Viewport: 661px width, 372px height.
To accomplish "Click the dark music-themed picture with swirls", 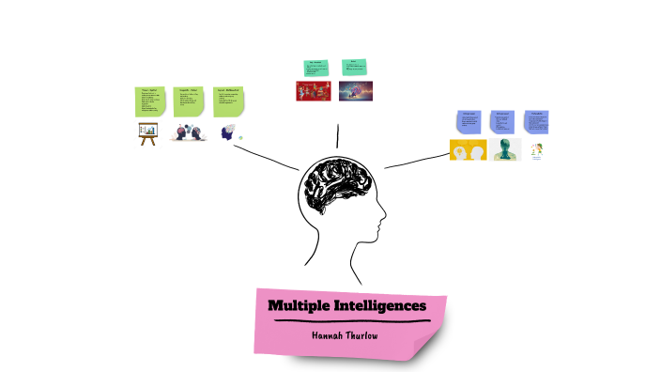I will (355, 91).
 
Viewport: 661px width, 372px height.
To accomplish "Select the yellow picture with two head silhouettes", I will (468, 150).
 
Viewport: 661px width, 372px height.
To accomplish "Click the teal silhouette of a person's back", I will (504, 150).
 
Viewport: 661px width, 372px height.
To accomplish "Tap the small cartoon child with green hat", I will (537, 151).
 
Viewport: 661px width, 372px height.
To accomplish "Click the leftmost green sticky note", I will (149, 101).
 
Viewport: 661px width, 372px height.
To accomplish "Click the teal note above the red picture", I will (315, 67).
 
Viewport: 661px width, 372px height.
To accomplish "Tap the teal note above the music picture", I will (354, 66).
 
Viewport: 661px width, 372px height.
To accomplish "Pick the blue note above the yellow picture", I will (469, 123).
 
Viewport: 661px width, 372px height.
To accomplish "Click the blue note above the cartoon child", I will (537, 122).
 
